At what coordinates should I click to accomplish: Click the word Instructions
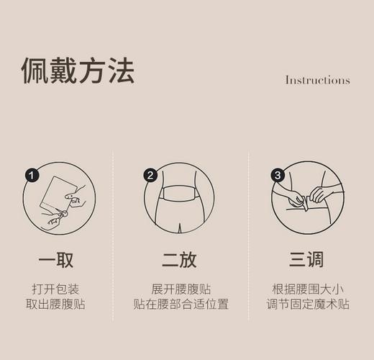[317, 80]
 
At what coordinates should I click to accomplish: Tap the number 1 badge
[31, 175]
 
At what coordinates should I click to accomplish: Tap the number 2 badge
[150, 175]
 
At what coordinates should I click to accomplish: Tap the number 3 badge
[278, 175]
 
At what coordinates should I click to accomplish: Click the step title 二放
[180, 259]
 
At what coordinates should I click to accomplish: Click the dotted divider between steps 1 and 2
[114, 238]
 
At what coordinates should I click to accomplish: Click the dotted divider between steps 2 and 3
[249, 238]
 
